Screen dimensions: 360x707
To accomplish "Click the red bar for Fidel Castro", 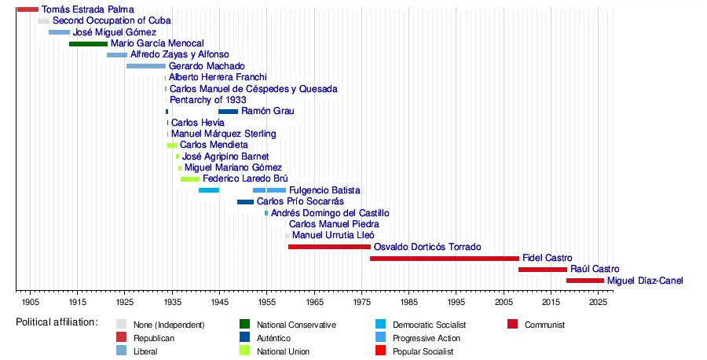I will (444, 258).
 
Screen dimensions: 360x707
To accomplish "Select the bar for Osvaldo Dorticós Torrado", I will (329, 247).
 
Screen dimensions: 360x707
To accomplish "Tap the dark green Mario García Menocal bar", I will (88, 44).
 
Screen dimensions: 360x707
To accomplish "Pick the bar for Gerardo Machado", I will (146, 66).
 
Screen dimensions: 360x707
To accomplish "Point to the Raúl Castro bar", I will (542, 270).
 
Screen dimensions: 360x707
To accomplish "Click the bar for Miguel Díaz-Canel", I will (585, 281).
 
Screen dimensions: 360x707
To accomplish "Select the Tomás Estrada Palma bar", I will (27, 9).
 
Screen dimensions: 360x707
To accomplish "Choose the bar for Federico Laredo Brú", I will (190, 179).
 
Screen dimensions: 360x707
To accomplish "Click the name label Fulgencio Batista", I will (324, 190).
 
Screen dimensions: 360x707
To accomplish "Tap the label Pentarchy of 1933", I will (208, 100).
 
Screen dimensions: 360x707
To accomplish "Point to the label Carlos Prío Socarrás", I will (300, 202).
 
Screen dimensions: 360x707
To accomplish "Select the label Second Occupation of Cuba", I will (112, 20).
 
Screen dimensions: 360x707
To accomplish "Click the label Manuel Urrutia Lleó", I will (333, 235).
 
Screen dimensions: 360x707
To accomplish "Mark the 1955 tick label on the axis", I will (266, 302).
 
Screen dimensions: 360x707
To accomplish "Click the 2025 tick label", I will (598, 302).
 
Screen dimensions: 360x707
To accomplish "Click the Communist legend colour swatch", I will (513, 325).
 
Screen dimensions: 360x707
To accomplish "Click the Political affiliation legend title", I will (57, 322).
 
